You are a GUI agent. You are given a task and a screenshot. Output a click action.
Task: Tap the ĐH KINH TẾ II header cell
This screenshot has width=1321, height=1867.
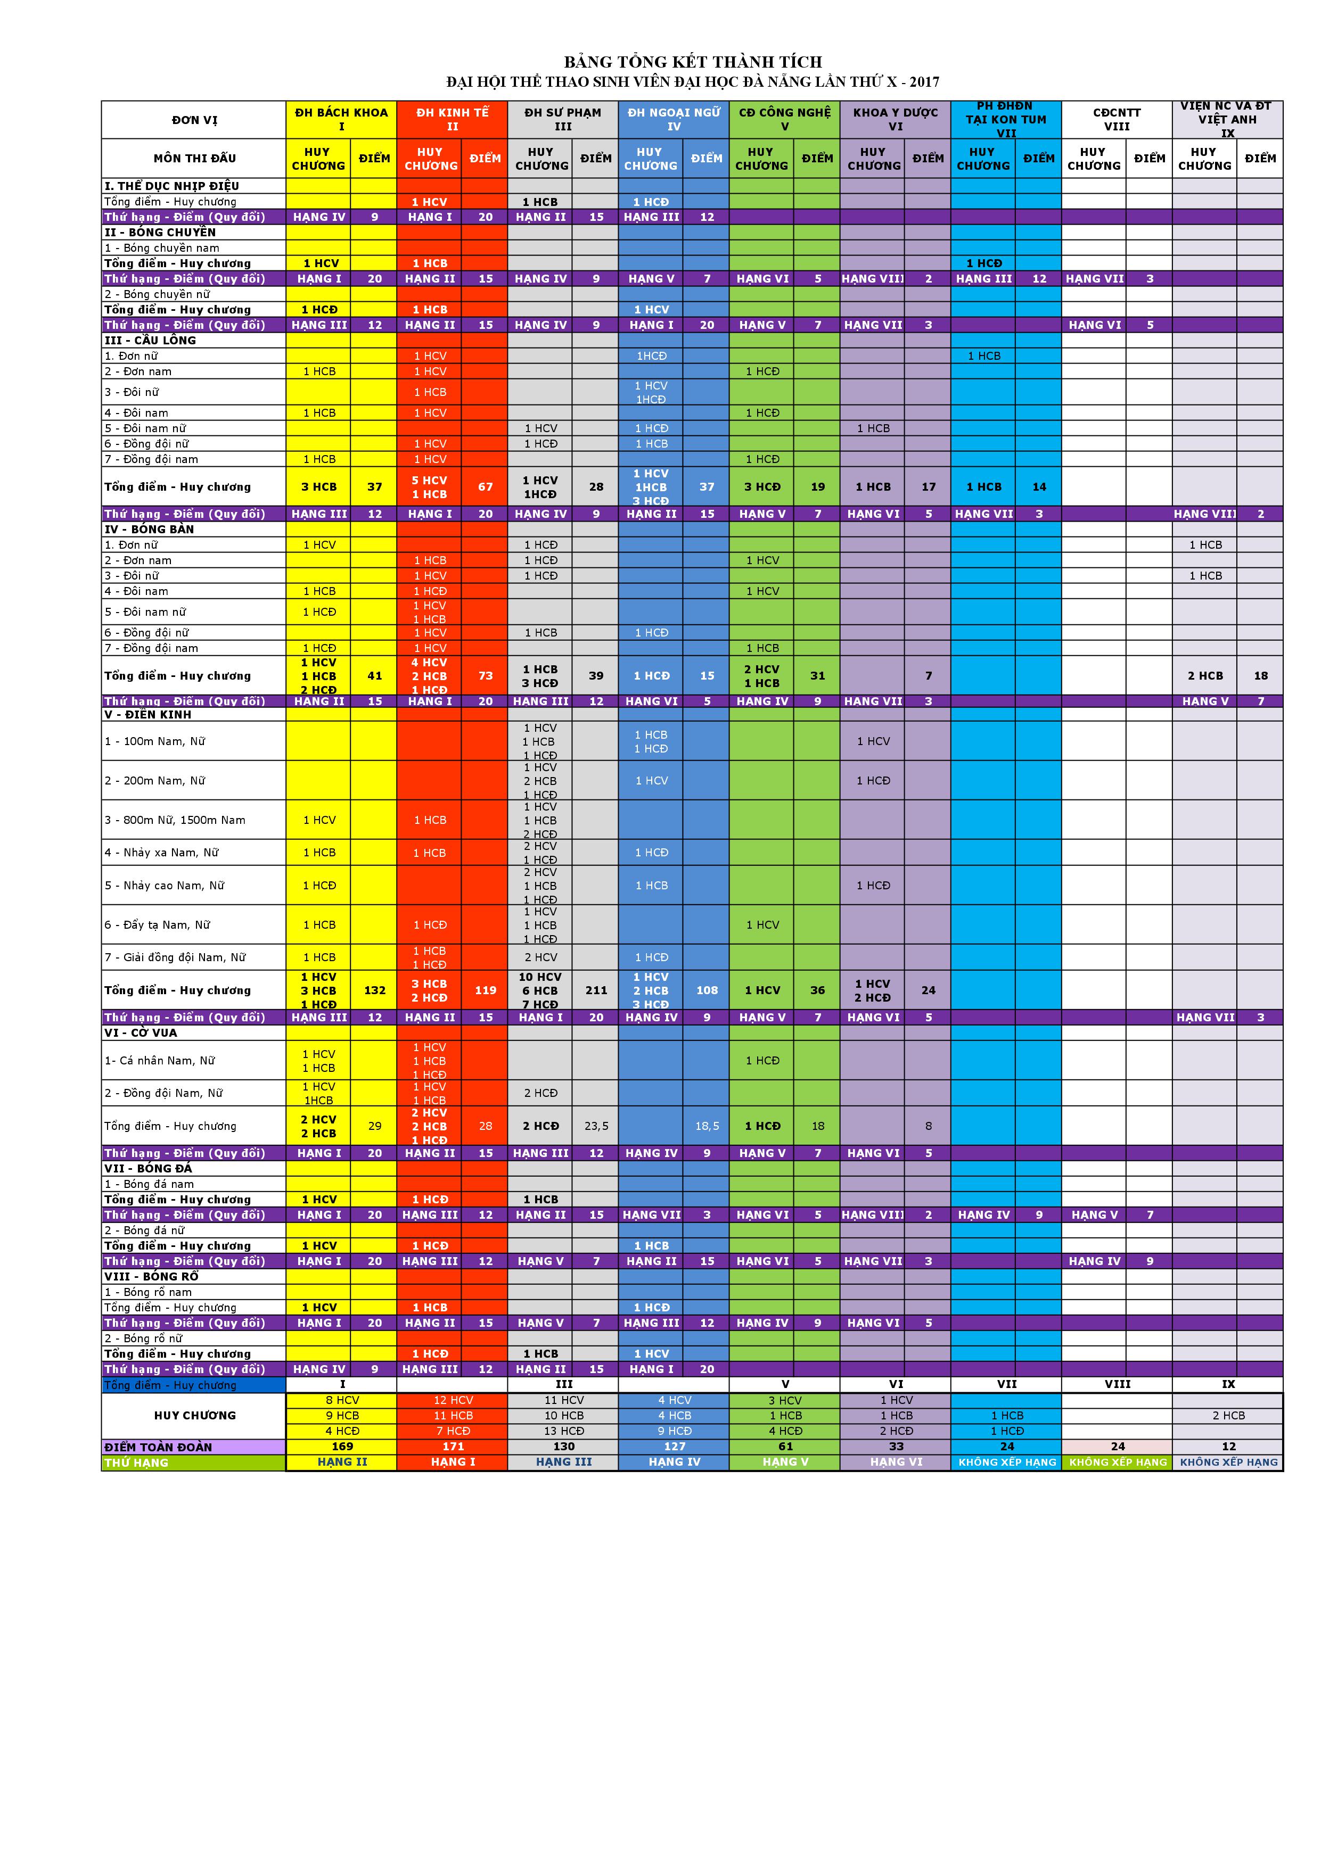pos(452,120)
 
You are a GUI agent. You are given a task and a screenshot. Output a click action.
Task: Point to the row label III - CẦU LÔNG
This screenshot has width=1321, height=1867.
pos(151,341)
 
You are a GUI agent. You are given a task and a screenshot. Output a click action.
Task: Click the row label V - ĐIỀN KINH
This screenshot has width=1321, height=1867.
pos(148,715)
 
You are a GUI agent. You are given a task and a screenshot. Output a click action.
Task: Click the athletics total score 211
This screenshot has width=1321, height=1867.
pos(596,990)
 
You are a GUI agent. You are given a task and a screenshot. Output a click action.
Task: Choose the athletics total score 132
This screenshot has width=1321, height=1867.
pos(374,990)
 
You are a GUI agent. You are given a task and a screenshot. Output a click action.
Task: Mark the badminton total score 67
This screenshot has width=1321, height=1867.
pos(485,487)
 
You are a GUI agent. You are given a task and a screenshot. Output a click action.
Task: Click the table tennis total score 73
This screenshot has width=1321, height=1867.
pos(485,676)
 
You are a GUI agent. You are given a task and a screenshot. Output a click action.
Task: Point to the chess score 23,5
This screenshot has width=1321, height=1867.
pos(596,1126)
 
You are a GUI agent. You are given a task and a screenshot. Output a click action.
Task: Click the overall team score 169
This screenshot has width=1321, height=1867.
pos(342,1447)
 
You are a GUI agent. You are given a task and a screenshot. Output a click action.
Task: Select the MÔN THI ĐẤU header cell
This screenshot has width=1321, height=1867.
pos(194,159)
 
